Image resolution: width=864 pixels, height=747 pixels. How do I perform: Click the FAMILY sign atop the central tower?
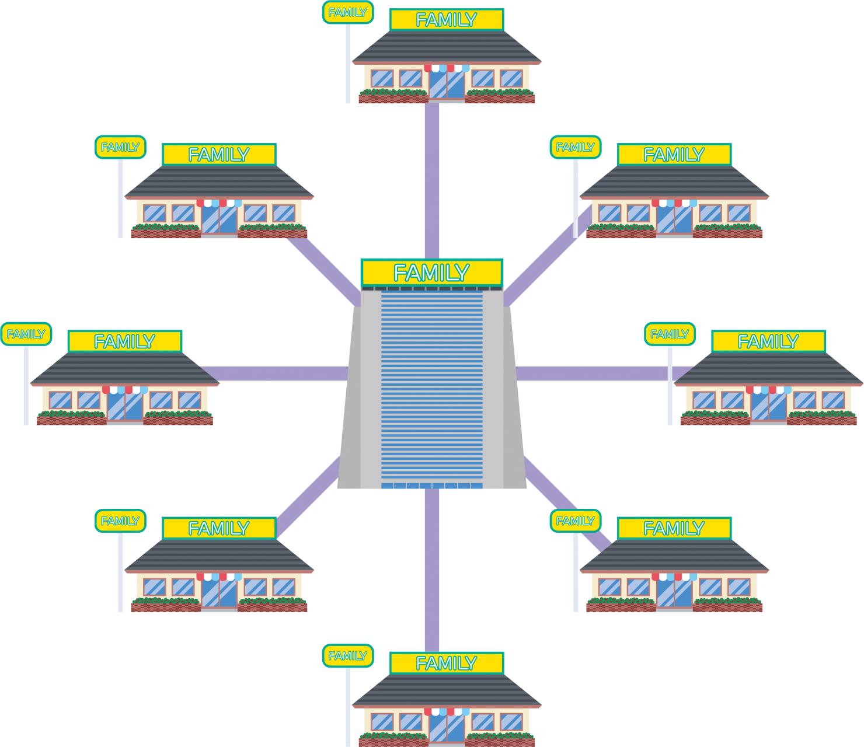tap(431, 273)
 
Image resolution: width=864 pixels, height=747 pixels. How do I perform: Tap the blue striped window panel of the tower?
tap(431, 385)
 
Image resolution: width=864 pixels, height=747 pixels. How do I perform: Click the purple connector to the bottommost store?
tap(432, 569)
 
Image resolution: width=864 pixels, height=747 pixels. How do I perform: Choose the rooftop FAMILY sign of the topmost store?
tap(447, 20)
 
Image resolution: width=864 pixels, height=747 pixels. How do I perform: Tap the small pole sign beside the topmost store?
tap(348, 12)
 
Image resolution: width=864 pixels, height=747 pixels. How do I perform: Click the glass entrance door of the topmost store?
tap(447, 85)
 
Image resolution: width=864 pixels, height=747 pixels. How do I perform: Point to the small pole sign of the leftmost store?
tap(26, 334)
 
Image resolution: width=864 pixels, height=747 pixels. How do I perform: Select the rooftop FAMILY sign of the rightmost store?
tap(768, 341)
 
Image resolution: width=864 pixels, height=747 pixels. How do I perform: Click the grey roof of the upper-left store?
tap(219, 182)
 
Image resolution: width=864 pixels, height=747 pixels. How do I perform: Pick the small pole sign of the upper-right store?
tap(576, 148)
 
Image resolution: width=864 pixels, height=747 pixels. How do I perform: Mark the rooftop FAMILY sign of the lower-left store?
tap(219, 528)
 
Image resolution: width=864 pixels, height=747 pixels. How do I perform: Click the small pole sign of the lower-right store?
tap(576, 521)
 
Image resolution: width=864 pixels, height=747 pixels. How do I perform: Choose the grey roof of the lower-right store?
tap(674, 556)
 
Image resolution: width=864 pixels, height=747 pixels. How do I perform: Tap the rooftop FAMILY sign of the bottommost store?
tap(447, 663)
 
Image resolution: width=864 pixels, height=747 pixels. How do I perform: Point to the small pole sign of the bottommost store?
tap(348, 656)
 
